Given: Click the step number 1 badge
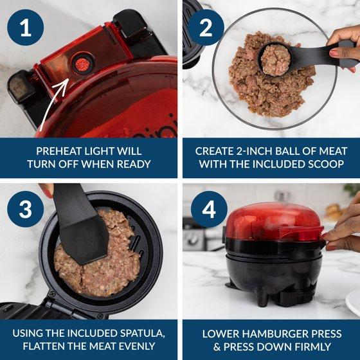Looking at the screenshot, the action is (x=25, y=27).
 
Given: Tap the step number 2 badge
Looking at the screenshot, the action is (x=206, y=27).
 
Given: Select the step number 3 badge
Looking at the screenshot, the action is (x=25, y=209).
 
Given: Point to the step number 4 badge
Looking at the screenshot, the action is (x=209, y=209).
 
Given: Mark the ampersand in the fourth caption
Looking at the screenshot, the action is (x=217, y=346).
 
